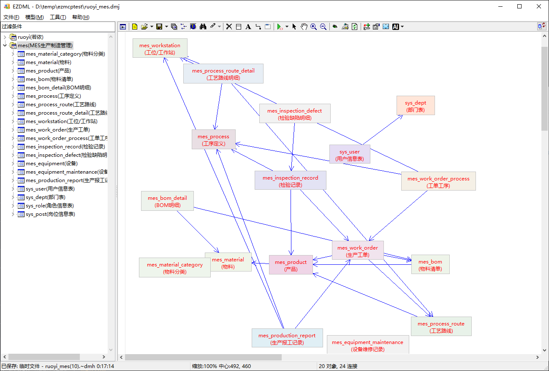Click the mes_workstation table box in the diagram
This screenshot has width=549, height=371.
(x=160, y=48)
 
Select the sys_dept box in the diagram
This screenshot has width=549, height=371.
(x=416, y=105)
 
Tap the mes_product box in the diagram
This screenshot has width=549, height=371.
(x=291, y=265)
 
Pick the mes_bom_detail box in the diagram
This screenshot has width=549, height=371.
(x=167, y=201)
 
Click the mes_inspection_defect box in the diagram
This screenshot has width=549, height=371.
(x=295, y=113)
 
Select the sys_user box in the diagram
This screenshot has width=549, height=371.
(x=350, y=154)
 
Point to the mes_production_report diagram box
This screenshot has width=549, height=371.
(x=287, y=338)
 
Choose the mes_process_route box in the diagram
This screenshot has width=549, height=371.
(x=441, y=326)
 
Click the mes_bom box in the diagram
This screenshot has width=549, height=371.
(x=430, y=264)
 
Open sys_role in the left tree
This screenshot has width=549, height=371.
(x=49, y=206)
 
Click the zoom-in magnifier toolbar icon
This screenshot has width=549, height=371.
(x=313, y=27)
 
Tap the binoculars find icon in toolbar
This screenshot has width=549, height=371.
(x=203, y=27)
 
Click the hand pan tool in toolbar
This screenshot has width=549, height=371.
(x=304, y=27)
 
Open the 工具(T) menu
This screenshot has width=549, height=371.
(x=58, y=17)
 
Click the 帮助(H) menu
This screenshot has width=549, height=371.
(x=81, y=17)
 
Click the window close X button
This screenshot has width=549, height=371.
(x=539, y=7)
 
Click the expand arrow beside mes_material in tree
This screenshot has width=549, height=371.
(x=13, y=62)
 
